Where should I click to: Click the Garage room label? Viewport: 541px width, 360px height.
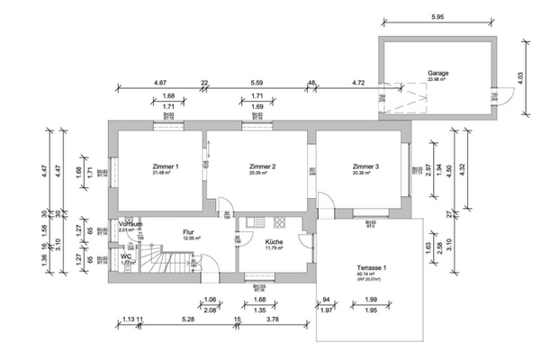[438, 73]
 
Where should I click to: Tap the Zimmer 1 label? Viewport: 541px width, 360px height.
[165, 166]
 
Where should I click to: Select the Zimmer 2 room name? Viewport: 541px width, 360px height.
[261, 166]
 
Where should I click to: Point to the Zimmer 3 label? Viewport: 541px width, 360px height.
[365, 166]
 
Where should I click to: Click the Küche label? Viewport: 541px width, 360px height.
[275, 241]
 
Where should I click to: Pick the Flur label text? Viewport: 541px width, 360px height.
[189, 231]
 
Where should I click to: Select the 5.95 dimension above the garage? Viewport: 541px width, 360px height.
[437, 17]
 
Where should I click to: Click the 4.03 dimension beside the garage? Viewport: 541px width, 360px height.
[520, 78]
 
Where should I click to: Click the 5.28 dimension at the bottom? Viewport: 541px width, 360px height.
[187, 318]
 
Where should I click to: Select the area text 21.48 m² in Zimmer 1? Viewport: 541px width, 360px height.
[165, 174]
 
